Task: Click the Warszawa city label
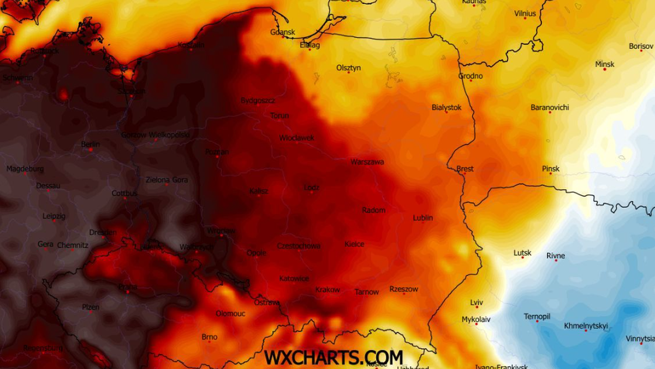367,162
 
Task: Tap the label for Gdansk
283,32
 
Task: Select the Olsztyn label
348,68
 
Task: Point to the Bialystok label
446,107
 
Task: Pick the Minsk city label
605,64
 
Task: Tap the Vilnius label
525,14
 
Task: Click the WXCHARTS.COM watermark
334,358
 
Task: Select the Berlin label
91,144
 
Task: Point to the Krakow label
327,290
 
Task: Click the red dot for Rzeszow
404,294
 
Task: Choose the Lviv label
477,302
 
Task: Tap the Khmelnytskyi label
586,326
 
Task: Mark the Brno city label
210,337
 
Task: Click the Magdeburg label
25,169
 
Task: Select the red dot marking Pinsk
551,174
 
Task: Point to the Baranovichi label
550,107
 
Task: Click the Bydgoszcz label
258,101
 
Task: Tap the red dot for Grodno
471,81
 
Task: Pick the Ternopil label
537,317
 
